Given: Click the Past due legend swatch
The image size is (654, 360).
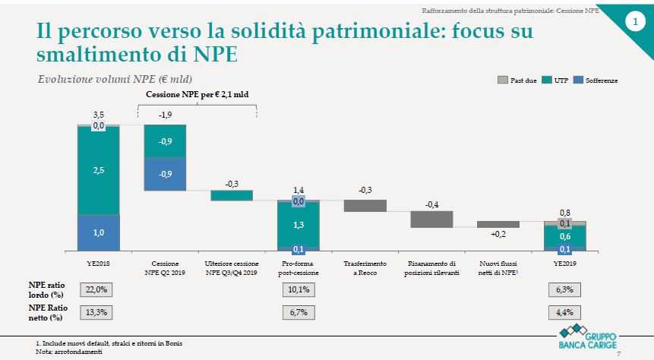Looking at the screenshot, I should [x=502, y=80].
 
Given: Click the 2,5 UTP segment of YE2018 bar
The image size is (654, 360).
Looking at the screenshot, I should [x=99, y=172].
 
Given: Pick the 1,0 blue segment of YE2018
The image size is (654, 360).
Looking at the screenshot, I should [x=99, y=233].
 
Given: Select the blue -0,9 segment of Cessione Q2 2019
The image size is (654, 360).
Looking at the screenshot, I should [x=165, y=174].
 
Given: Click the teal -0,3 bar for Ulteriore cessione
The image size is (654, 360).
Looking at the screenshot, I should [x=231, y=195].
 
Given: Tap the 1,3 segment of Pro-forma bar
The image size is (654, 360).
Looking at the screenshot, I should [x=298, y=224].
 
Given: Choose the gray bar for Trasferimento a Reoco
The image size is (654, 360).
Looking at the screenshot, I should [x=365, y=205].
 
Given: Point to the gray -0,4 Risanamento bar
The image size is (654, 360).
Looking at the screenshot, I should [x=431, y=219].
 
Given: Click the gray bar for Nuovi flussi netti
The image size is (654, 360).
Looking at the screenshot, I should [x=498, y=224].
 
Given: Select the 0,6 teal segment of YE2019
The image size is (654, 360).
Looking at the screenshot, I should [x=565, y=237].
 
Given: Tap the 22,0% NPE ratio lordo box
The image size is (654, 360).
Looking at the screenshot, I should [x=99, y=290].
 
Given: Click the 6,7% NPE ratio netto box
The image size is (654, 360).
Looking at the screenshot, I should [x=298, y=311].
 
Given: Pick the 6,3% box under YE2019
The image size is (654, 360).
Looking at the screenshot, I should [x=565, y=290].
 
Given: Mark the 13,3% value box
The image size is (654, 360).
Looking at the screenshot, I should [x=99, y=311].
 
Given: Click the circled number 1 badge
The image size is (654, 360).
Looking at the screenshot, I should [x=635, y=24].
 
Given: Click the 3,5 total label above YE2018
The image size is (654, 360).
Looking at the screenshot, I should [x=99, y=113].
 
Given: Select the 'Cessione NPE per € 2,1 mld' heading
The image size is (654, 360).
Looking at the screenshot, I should [x=197, y=94].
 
